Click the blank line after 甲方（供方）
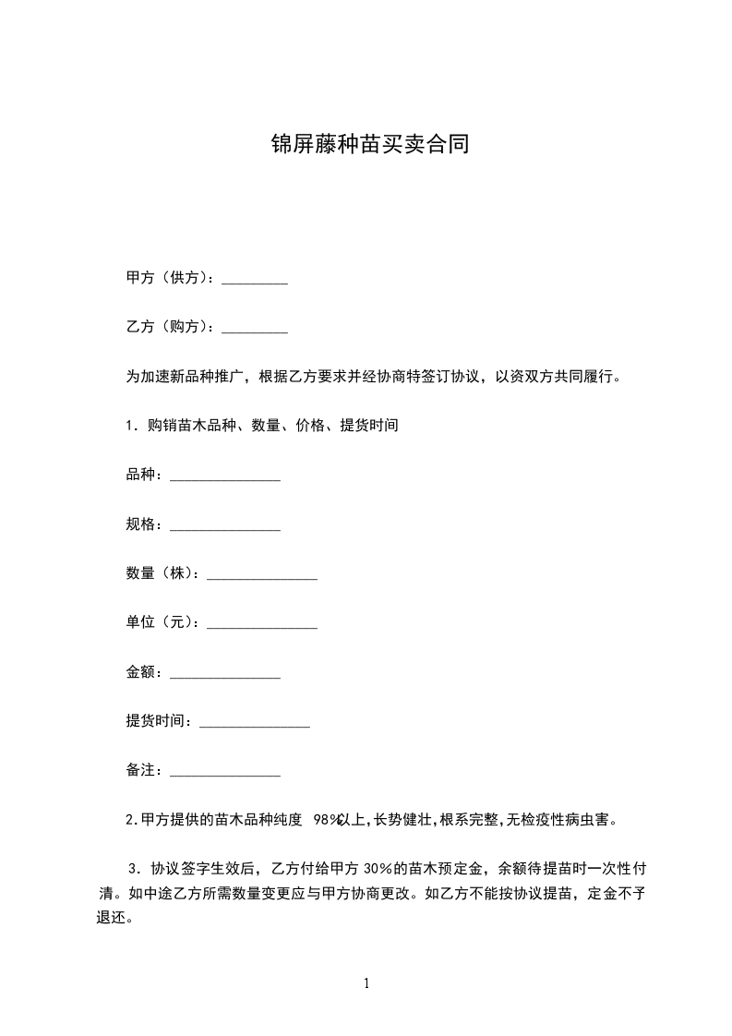click(x=255, y=278)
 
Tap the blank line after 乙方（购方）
click(x=255, y=327)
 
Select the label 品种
click(x=143, y=475)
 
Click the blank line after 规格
click(x=225, y=524)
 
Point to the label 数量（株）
click(x=162, y=573)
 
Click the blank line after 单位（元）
click(x=262, y=622)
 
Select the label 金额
click(x=143, y=672)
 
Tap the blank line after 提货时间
click(x=255, y=721)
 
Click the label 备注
click(x=143, y=770)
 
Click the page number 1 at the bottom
click(x=366, y=983)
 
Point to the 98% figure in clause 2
click(x=328, y=819)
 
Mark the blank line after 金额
click(x=225, y=672)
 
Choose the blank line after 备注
click(x=225, y=770)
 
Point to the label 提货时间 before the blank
click(x=158, y=721)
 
